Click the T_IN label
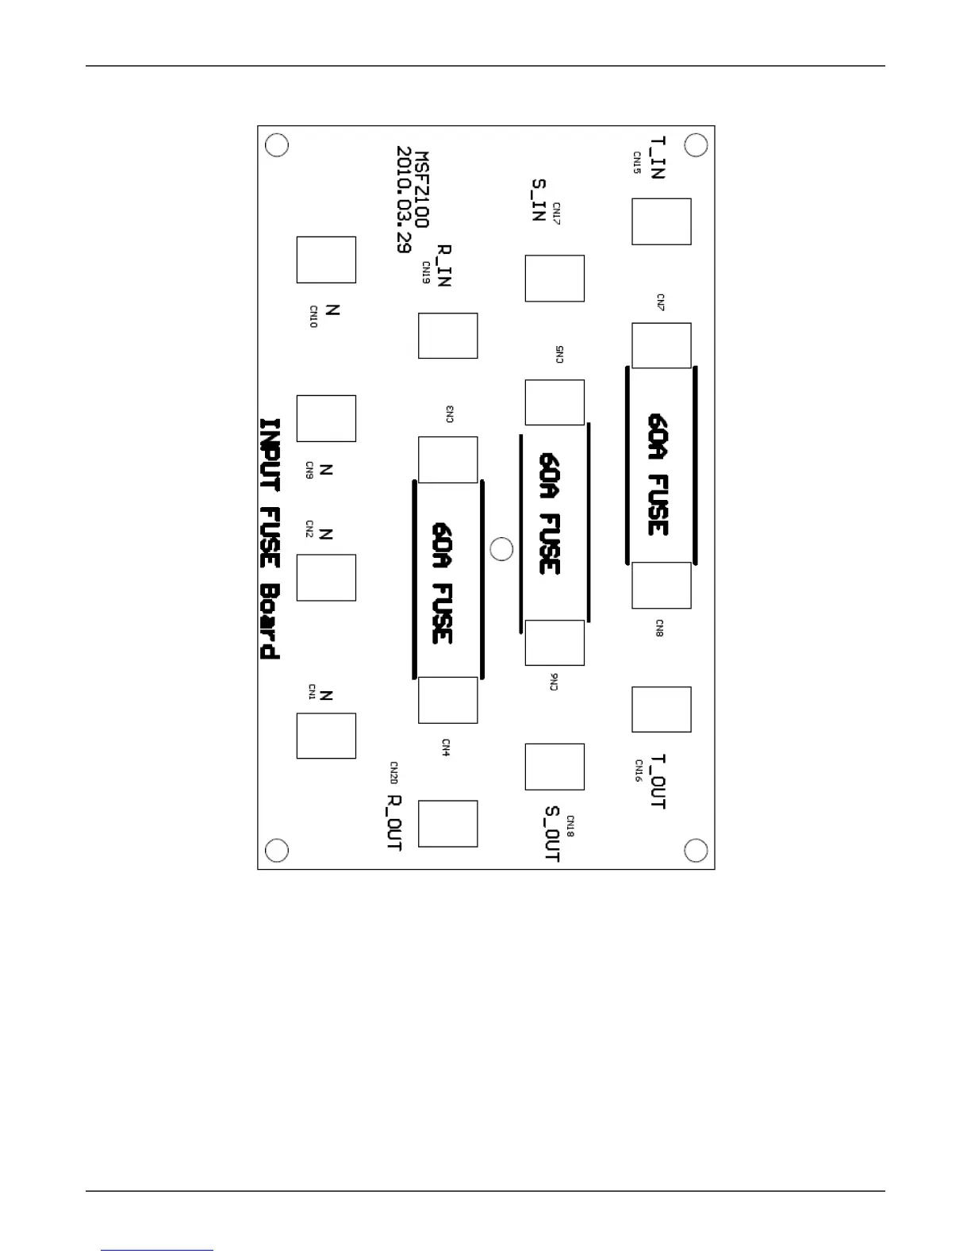click(658, 157)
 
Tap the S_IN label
click(539, 200)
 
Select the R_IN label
click(444, 265)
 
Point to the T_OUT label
click(658, 782)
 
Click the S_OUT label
click(552, 834)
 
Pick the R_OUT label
click(393, 823)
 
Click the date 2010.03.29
click(404, 199)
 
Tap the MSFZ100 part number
click(421, 190)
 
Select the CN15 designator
click(637, 163)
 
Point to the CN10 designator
click(313, 317)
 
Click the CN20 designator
click(393, 772)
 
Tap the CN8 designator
click(659, 628)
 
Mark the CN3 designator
click(450, 414)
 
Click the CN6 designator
click(555, 682)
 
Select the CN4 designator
click(446, 748)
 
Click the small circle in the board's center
click(501, 548)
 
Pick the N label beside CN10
click(332, 310)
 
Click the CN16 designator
click(639, 771)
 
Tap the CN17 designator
click(557, 213)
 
